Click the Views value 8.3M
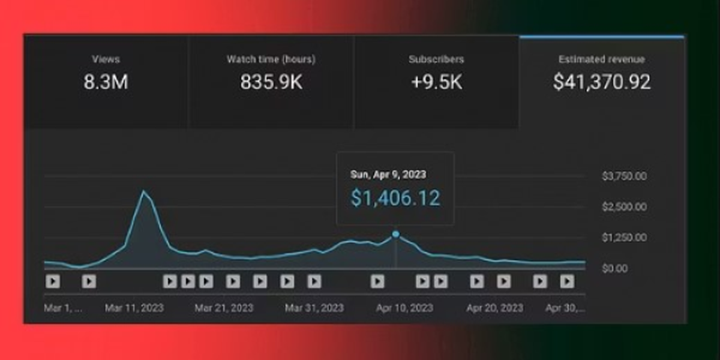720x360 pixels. pos(106,82)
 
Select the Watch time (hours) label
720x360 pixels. pos(271,59)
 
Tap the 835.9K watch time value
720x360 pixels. pos(271,82)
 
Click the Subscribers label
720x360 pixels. pos(436,59)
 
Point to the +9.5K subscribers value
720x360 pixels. pos(437,82)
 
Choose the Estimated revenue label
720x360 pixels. pos(601,59)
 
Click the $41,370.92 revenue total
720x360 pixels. pos(602,82)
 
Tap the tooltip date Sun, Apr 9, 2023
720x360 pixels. pos(388,175)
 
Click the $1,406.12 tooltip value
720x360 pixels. pos(395,198)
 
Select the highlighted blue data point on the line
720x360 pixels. pos(395,235)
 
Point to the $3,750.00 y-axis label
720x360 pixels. pos(624,176)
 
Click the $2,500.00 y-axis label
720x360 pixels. pos(624,206)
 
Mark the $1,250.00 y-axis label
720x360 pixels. pos(624,238)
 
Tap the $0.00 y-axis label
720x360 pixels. pos(614,268)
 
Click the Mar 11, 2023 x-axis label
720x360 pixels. pos(134,308)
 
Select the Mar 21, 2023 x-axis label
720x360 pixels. pos(224,308)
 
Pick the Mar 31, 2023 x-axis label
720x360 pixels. pos(314,308)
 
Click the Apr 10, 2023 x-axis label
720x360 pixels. pos(404,308)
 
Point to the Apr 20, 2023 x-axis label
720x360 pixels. pos(494,308)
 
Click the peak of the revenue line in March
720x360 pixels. pos(143,191)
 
